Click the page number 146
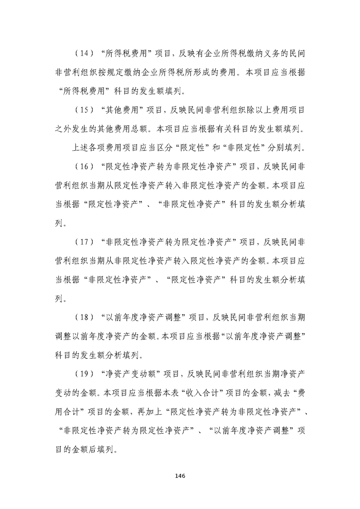click(180, 476)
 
